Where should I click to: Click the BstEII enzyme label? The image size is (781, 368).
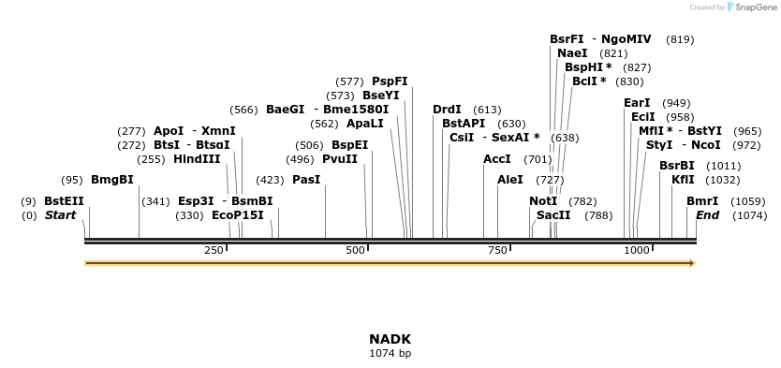[64, 201]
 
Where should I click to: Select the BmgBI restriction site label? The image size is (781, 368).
[112, 180]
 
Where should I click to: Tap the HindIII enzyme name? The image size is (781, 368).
[197, 159]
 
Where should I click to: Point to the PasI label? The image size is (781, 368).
[306, 180]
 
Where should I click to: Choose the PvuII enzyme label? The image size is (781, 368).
[340, 159]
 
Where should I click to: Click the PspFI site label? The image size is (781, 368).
[390, 81]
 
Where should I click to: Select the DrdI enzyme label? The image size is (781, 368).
[448, 110]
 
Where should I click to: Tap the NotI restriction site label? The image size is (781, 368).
[543, 201]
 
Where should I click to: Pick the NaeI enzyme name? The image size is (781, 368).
[572, 53]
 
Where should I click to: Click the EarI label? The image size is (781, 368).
[637, 103]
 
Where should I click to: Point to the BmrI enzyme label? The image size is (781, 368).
[702, 201]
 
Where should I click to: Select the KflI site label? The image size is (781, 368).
[684, 180]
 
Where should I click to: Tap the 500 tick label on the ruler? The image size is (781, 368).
[356, 250]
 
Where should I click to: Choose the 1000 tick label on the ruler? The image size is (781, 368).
[637, 250]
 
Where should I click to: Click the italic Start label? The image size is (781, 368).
[61, 215]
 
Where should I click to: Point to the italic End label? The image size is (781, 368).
[708, 215]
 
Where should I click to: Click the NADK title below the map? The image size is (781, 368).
[390, 339]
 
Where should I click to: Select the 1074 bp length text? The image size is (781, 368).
[390, 353]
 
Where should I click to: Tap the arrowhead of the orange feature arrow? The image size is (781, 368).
[692, 263]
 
